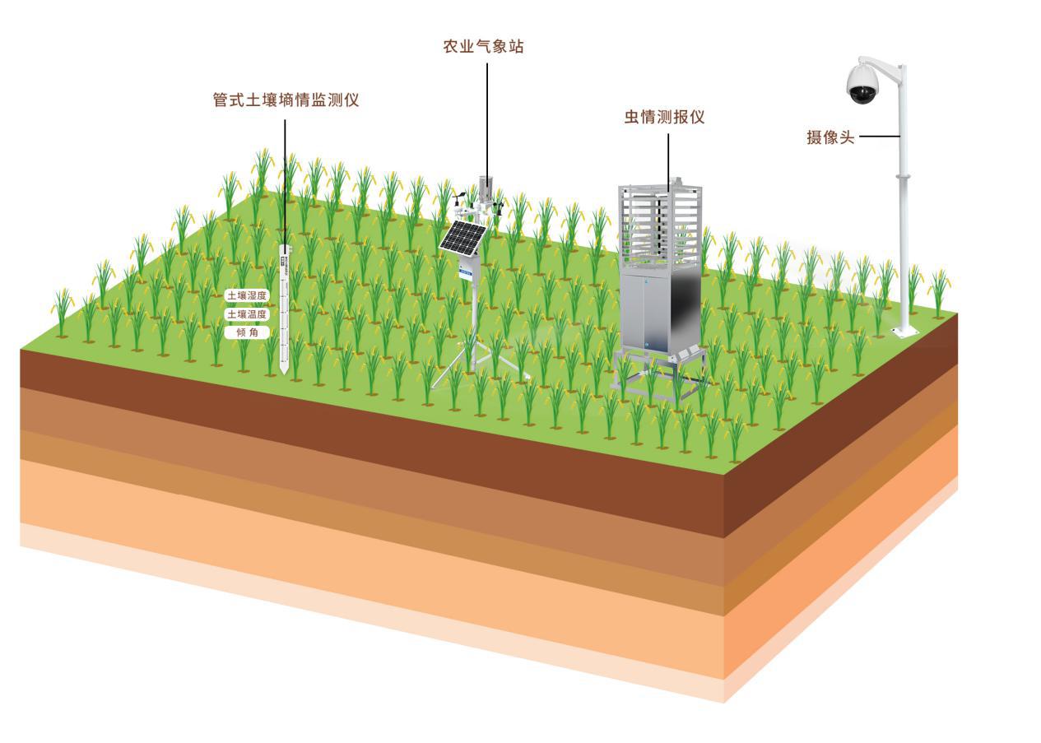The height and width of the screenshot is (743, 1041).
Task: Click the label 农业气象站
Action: [483, 46]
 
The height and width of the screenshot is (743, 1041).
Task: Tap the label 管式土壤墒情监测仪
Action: [286, 100]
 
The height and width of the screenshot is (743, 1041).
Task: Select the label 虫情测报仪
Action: [665, 117]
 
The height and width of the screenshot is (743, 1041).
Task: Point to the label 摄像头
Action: [830, 137]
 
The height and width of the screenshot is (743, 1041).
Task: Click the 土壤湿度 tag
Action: [247, 295]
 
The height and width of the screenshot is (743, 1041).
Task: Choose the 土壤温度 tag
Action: [247, 314]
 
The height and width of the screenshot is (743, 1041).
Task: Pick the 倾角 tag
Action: [247, 332]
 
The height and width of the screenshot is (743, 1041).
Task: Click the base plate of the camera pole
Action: [904, 332]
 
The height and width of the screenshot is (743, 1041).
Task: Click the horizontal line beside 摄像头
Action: [880, 137]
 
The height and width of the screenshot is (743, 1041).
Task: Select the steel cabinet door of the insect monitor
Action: [644, 311]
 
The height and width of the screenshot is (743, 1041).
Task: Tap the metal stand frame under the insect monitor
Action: [659, 369]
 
